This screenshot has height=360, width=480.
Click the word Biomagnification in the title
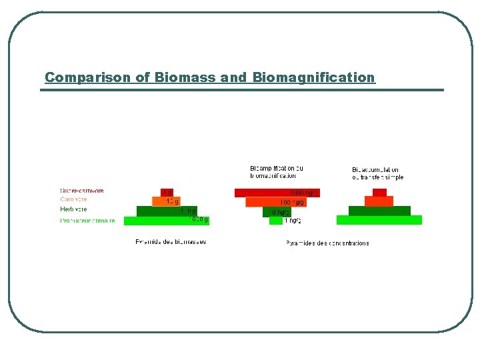313,77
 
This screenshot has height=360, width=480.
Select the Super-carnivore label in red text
82,191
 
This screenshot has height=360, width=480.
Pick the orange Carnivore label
73,199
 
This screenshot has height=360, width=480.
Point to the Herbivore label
73,209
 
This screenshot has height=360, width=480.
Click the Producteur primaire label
87,220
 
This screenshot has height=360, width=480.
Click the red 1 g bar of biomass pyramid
167,193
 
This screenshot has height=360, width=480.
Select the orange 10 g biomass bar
167,201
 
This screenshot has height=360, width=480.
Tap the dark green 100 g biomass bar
167,211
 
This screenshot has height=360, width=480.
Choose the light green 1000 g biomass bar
167,221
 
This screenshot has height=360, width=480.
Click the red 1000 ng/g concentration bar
277,193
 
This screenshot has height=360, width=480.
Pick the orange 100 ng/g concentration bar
276,201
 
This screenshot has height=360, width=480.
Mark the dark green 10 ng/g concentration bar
277,211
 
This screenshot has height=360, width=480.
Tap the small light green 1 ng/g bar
276,221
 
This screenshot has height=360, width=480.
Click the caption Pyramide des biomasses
171,242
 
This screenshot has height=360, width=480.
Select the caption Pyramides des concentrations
327,243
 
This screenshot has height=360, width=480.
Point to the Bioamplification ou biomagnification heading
276,172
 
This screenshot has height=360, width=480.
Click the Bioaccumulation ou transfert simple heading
377,173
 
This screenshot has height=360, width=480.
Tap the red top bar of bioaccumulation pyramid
379,193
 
